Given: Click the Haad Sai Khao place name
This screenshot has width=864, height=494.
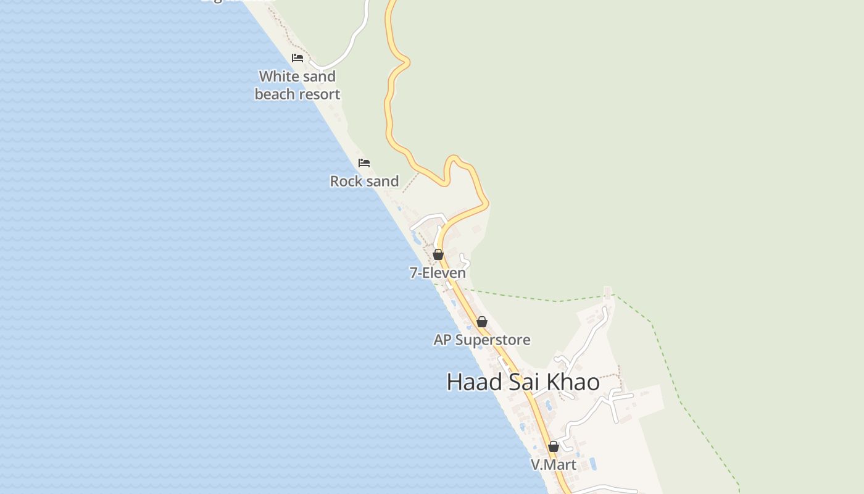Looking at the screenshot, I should coord(523,382).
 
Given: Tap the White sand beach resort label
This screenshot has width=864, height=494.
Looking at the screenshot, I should coord(297,85).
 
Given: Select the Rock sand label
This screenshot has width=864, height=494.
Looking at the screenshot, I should coord(364,181).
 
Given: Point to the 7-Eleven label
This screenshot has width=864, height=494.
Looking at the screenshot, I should coord(438,272).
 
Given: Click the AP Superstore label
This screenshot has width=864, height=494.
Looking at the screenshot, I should coord(482,340).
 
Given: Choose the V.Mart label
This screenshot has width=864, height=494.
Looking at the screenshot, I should coord(554,464).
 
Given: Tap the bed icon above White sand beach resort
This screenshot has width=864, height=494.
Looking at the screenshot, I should coord(297,58).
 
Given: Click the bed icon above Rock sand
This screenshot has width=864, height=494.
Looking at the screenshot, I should coord(364,163).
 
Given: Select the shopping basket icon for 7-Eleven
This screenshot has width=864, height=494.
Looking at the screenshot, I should coord(438,254).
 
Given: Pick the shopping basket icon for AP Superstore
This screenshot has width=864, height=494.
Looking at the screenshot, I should coord(482,322).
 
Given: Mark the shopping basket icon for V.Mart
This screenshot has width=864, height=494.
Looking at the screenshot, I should coord(554,446).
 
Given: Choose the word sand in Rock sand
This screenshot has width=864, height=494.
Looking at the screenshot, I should coord(383,181).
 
